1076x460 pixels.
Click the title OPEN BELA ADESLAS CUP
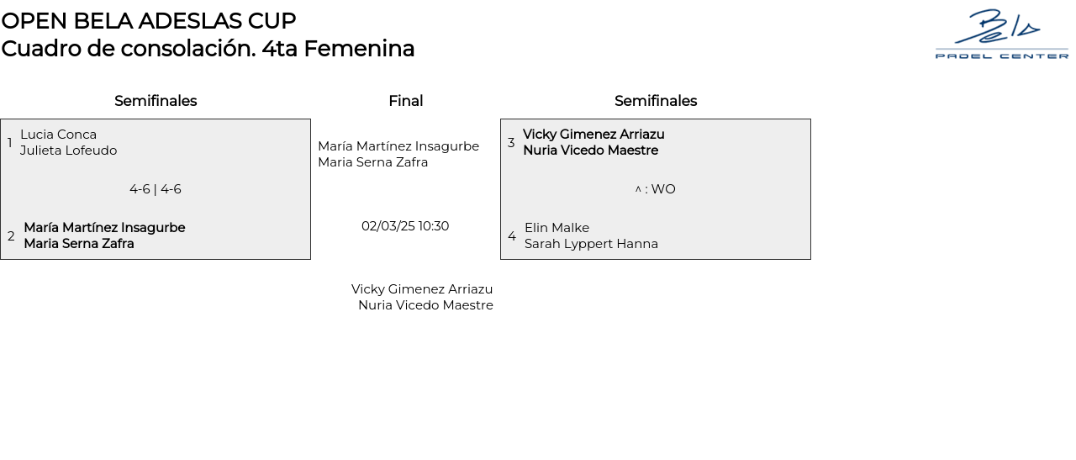[x=149, y=21]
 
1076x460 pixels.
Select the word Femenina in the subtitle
[x=359, y=49]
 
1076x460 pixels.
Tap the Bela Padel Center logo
[x=1001, y=34]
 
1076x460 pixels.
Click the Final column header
[x=405, y=101]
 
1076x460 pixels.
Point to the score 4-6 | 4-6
[x=156, y=189]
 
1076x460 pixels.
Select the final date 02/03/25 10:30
[x=405, y=226]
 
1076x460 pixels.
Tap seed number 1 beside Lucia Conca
[x=9, y=142]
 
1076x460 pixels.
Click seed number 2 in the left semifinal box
[x=11, y=236]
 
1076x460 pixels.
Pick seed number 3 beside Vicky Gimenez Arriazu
[x=511, y=142]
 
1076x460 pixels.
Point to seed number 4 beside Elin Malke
[x=512, y=236]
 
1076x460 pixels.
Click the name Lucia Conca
[x=58, y=134]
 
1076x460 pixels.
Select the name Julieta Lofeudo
[x=68, y=151]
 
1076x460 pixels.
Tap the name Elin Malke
[x=556, y=227]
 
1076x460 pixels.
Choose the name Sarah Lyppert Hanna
[x=591, y=244]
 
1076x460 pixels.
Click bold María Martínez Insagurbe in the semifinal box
[x=105, y=227]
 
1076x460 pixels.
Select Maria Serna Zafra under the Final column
[x=372, y=162]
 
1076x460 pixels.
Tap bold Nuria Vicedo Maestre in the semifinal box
[x=590, y=151]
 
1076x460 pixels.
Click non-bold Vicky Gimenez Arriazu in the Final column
[x=422, y=289]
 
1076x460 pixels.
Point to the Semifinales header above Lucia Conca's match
[x=156, y=101]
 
